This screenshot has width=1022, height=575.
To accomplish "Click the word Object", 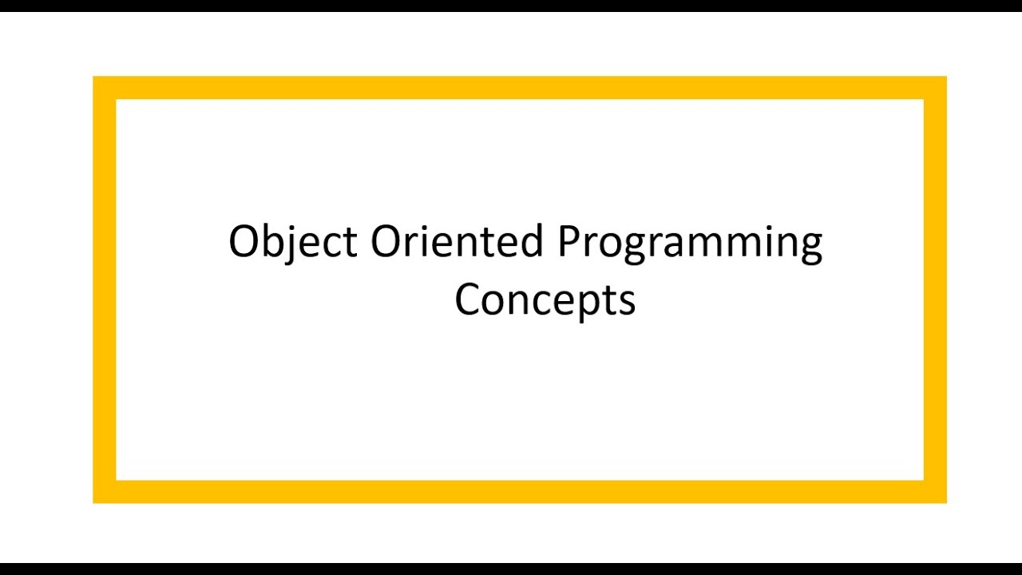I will coord(292,242).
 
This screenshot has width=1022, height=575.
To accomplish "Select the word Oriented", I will coord(458,241).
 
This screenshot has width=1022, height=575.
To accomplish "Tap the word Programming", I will coord(690,243).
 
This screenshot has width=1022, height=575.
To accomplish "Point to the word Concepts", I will coord(545,300).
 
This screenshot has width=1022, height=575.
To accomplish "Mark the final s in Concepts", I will coord(627,303).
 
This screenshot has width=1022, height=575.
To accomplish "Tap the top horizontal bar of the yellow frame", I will coord(519,88).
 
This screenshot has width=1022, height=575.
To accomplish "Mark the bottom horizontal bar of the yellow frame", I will coord(519,492).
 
